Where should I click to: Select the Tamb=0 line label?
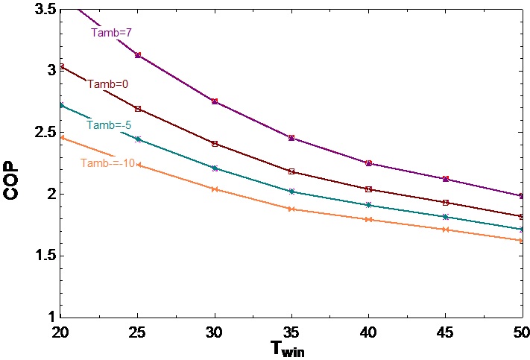tap(108, 84)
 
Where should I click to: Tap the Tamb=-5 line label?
tap(110, 124)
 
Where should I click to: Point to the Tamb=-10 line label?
tap(107, 162)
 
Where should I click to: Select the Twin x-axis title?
tap(288, 348)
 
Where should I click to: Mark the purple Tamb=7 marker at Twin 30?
tap(215, 101)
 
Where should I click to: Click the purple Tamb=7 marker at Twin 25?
tap(138, 55)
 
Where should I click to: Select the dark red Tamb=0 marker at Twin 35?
tap(291, 171)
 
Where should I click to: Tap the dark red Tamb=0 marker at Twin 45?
tap(445, 203)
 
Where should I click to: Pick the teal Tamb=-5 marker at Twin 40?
tap(368, 205)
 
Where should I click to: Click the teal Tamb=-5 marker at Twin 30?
tap(215, 168)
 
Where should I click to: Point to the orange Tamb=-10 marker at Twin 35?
tap(291, 209)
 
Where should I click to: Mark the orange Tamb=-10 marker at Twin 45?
tap(445, 230)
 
